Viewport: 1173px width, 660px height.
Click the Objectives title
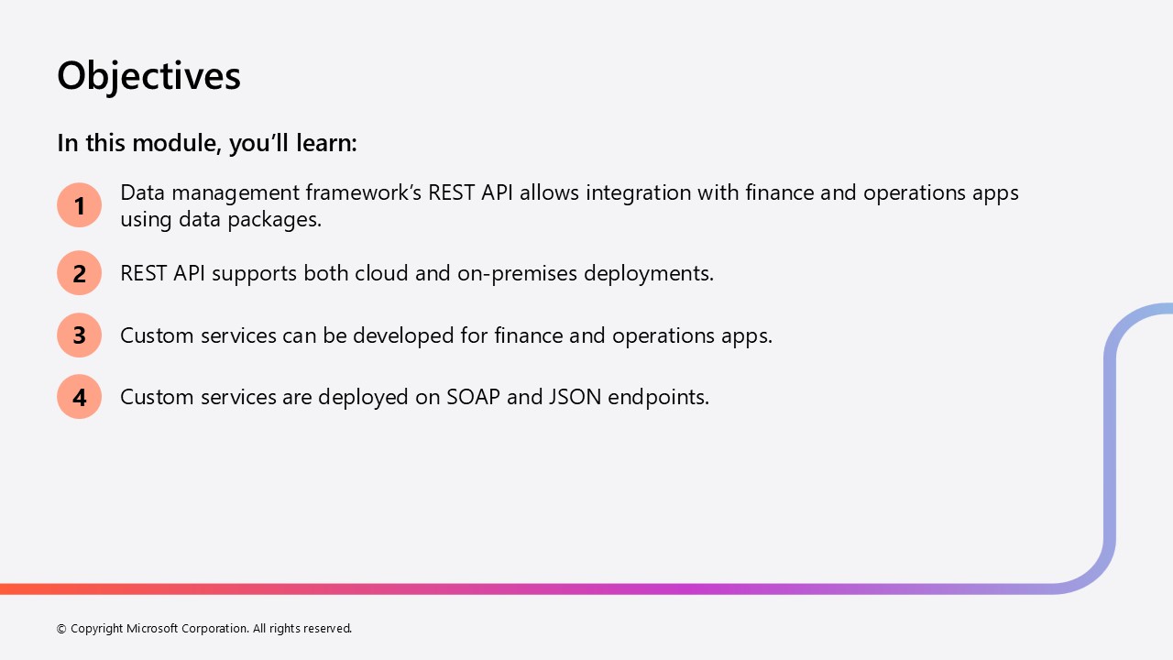[148, 76]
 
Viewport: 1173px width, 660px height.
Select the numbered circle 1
[79, 204]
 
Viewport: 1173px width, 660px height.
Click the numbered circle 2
[79, 273]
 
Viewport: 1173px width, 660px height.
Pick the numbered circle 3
[79, 335]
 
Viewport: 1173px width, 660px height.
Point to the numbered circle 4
[79, 397]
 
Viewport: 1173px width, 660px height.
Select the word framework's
[364, 192]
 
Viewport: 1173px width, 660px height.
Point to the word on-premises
[517, 274]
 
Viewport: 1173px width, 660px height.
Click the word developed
[403, 335]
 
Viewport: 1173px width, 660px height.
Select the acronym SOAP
[474, 397]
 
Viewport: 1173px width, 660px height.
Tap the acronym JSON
[575, 397]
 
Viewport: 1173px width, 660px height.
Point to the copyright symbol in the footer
[61, 629]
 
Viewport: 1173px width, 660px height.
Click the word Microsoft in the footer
[152, 628]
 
